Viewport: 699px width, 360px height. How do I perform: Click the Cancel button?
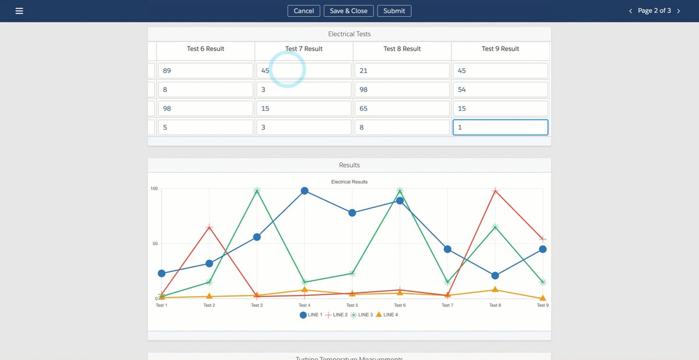[x=303, y=11]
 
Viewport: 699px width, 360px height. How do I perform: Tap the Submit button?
[x=394, y=11]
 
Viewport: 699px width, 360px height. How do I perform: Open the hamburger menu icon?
[x=19, y=11]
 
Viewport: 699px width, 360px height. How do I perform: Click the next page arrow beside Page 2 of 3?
[x=679, y=11]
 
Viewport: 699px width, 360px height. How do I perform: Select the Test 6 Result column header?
[x=205, y=49]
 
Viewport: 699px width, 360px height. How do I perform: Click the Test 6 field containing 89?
[x=205, y=70]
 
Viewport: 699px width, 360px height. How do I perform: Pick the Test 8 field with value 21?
[x=402, y=70]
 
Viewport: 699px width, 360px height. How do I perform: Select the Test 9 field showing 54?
[x=500, y=90]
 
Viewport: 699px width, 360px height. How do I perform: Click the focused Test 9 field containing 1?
[x=500, y=127]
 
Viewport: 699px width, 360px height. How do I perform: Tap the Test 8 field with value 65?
[x=402, y=108]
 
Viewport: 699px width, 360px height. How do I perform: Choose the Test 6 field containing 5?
[x=205, y=127]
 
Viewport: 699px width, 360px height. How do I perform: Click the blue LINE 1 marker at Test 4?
[x=305, y=190]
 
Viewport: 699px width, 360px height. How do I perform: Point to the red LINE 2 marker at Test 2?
[x=209, y=227]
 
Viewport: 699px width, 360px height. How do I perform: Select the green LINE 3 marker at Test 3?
[x=257, y=190]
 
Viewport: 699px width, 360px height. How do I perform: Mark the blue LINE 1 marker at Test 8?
[x=495, y=276]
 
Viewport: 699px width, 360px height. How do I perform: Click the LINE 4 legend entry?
[x=387, y=315]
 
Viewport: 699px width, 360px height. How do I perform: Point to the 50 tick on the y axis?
[x=155, y=243]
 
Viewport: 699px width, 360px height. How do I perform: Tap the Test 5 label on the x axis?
[x=352, y=305]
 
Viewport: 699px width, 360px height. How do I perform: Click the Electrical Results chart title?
[x=349, y=182]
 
